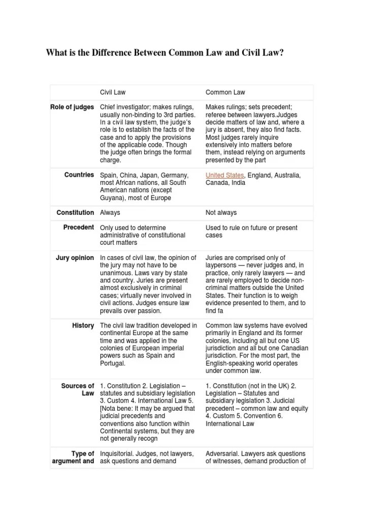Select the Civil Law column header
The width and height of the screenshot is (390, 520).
(113, 92)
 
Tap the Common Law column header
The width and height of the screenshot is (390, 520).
(225, 92)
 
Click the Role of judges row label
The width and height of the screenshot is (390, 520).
(72, 107)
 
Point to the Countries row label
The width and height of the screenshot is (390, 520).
(79, 175)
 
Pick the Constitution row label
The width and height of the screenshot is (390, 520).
(75, 212)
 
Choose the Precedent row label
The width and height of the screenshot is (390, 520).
(78, 227)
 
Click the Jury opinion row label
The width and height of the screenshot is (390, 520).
(75, 257)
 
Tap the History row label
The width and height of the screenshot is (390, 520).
(83, 325)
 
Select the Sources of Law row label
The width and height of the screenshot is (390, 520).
(78, 389)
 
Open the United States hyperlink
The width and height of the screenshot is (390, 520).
(224, 175)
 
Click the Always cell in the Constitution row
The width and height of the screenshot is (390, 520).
(110, 213)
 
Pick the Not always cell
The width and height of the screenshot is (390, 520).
(221, 213)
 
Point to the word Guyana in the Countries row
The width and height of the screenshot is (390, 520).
(113, 198)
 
